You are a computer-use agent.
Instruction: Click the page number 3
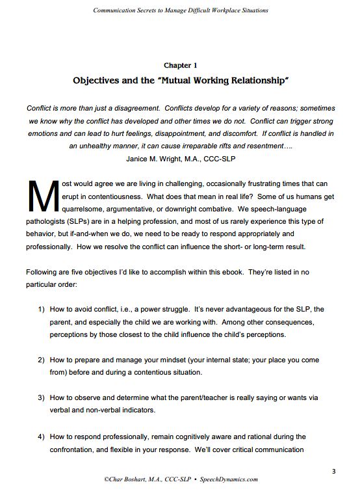point(333,470)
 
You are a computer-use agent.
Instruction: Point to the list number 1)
point(39,309)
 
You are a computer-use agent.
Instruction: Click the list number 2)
point(39,359)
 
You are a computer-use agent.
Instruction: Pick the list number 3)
point(39,397)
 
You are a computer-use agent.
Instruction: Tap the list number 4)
point(39,436)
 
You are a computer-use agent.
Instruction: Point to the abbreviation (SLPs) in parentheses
point(88,222)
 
